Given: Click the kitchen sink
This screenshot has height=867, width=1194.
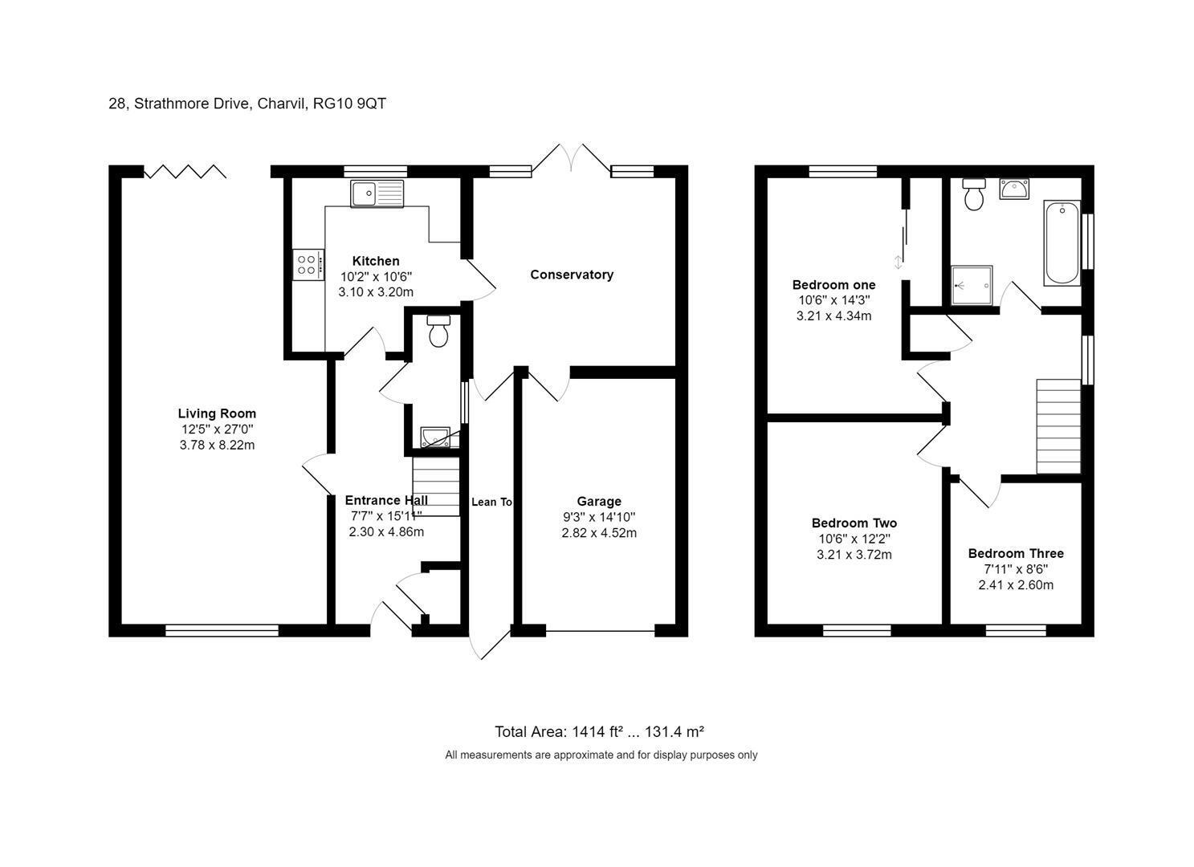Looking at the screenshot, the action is coord(377,193).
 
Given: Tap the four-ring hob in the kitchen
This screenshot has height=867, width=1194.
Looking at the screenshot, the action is coord(308,265).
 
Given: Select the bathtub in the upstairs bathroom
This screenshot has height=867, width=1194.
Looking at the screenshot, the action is coord(1062,243).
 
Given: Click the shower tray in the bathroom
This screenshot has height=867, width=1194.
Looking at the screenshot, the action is coord(972,286).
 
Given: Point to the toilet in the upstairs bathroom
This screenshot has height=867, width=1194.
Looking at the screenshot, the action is coord(974,194).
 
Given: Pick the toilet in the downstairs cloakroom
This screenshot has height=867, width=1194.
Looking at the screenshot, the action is coord(438,331).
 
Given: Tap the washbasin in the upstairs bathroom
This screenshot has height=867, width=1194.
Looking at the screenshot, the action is coord(1014,189).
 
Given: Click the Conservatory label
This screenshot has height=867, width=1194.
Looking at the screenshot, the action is coord(572,275).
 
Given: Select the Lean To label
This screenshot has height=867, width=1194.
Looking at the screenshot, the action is coord(491,502).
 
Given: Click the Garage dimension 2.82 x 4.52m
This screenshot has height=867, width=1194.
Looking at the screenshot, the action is coord(598,533).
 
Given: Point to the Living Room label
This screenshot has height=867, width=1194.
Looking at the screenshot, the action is coord(217,413).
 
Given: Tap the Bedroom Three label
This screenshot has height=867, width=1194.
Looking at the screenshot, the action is coord(1016,554).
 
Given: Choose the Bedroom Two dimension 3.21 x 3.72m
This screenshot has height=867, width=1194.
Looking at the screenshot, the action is coord(854,555).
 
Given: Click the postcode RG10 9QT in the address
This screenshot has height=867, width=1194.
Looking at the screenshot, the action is coord(349,104).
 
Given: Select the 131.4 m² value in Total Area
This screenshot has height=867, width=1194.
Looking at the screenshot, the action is coord(674,731).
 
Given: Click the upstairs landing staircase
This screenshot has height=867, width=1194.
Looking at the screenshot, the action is coord(1058,426).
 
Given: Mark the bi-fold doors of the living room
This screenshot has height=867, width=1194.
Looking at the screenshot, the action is coord(185,171).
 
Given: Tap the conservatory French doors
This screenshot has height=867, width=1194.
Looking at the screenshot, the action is coord(572,157).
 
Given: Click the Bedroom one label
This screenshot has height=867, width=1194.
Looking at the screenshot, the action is coord(833,285).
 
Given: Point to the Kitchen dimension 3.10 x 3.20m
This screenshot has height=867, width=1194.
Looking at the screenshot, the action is coord(376,292).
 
